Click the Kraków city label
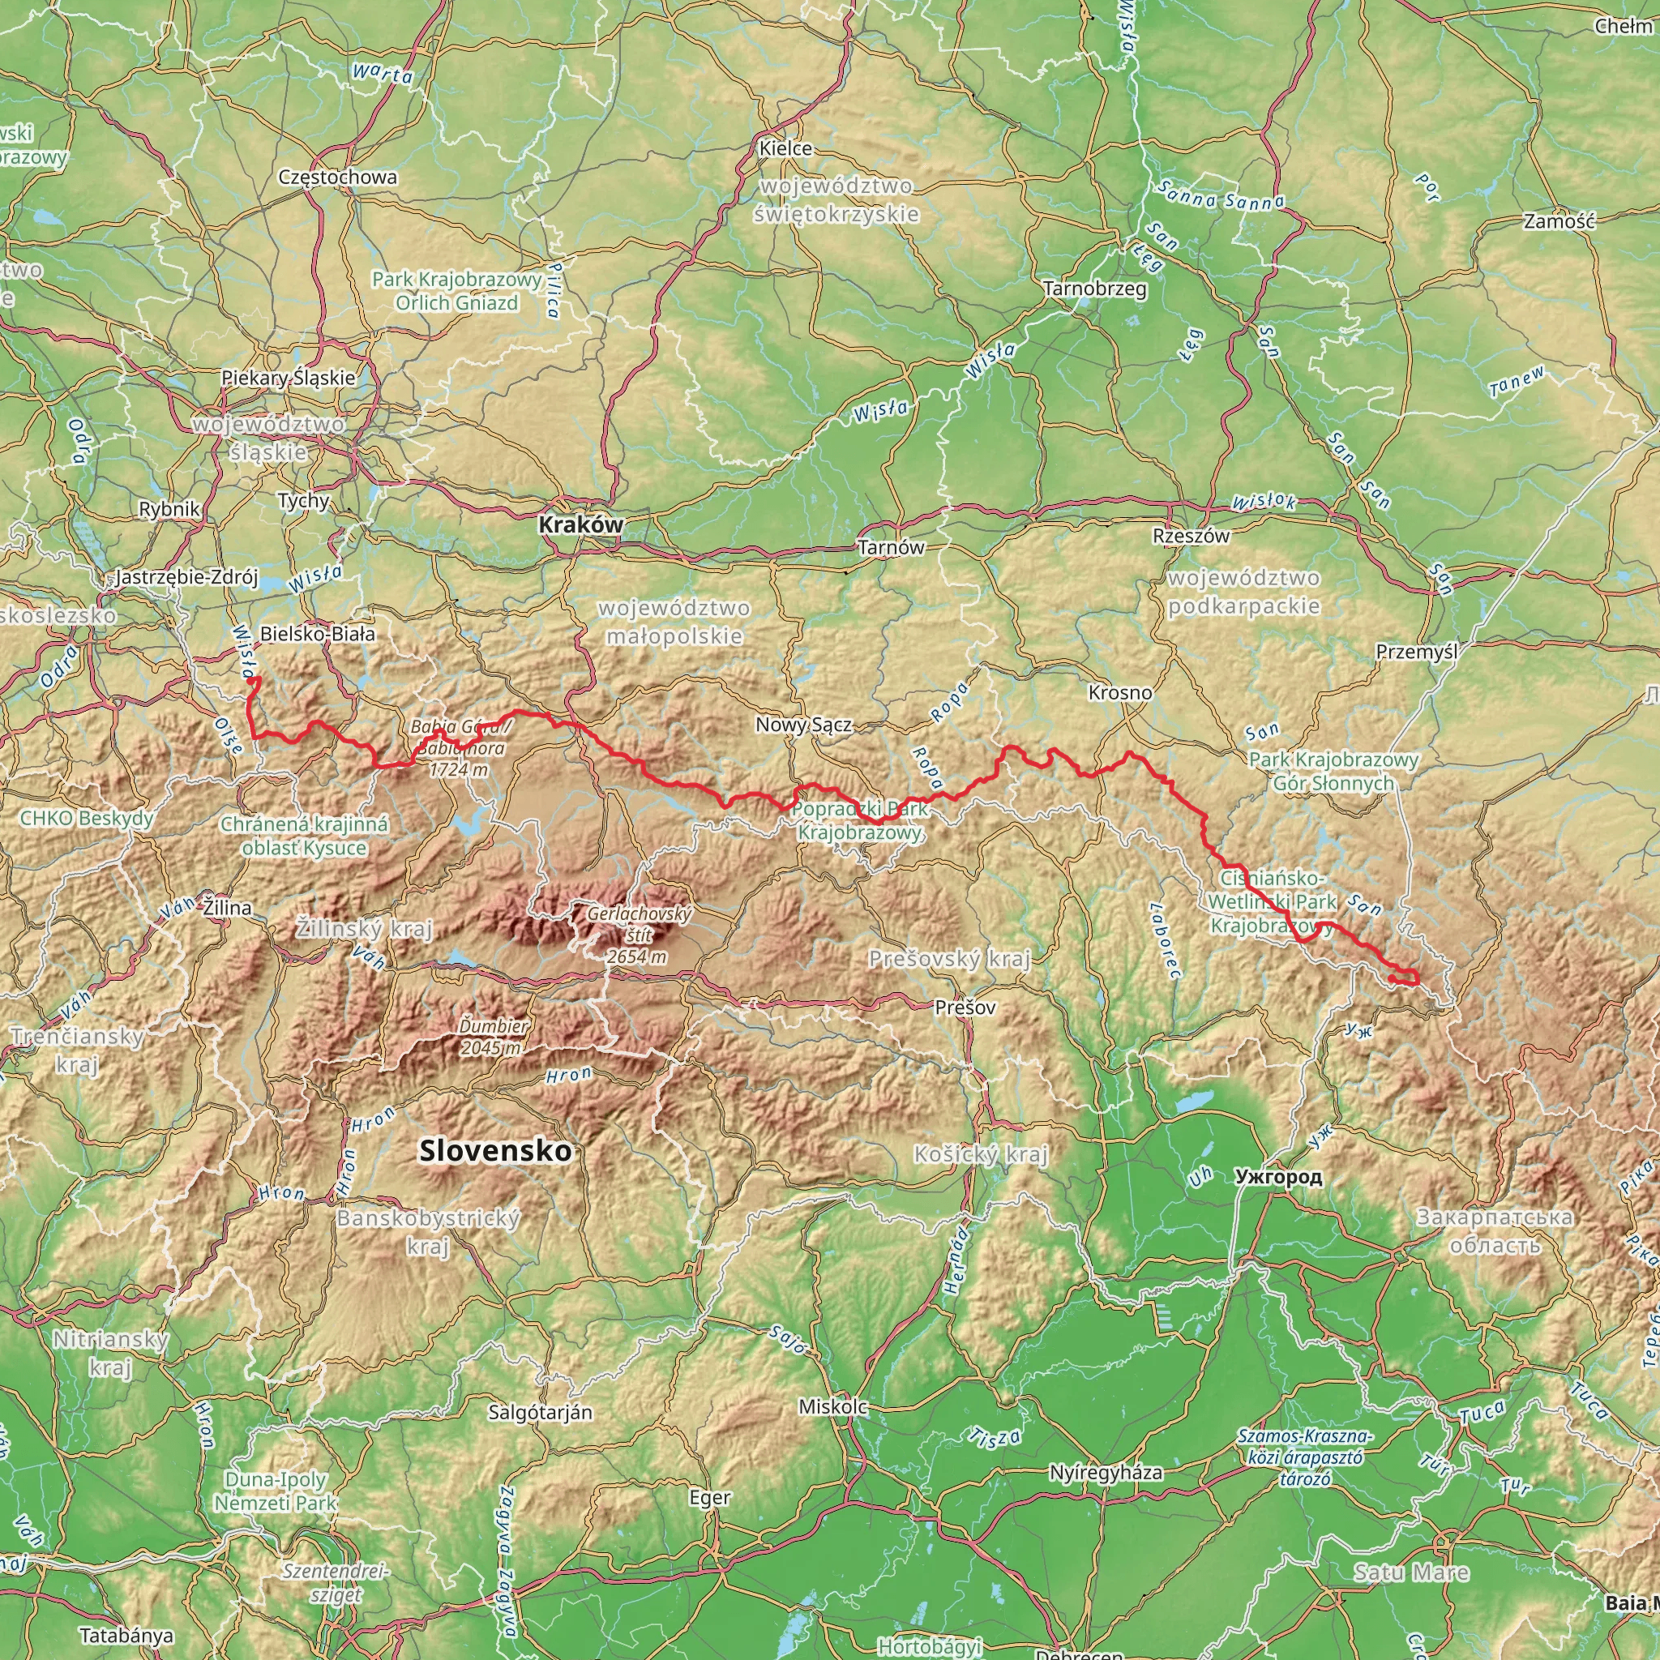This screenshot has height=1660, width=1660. (x=581, y=524)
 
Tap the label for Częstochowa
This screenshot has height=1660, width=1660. (x=338, y=177)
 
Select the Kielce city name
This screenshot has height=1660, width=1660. (x=785, y=148)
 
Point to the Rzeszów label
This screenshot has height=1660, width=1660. (x=1191, y=536)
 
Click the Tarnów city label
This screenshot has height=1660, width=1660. (x=891, y=547)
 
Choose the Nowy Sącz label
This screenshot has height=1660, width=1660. (x=803, y=725)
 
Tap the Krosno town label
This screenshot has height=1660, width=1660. (x=1119, y=692)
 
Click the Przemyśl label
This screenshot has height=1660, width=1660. (x=1417, y=652)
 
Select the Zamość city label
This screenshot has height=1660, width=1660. (x=1559, y=220)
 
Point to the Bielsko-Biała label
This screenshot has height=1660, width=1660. (x=317, y=634)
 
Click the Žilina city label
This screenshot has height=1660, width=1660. (x=228, y=907)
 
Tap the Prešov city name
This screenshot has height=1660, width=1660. (x=965, y=1007)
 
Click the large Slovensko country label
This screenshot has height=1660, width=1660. (x=495, y=1150)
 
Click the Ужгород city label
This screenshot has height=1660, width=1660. (x=1277, y=1177)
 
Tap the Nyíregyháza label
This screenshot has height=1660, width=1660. (x=1106, y=1473)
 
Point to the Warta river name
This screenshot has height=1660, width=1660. (x=383, y=74)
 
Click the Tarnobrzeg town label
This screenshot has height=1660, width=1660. (x=1094, y=289)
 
